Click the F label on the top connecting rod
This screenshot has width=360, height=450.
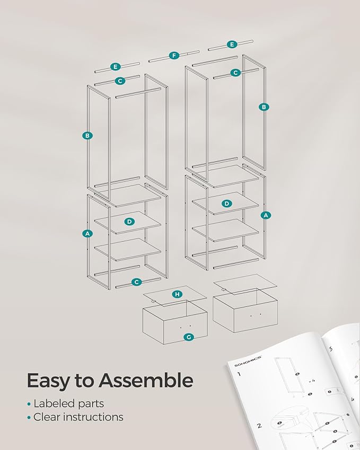(174, 56)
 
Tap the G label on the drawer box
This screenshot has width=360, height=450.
(189, 337)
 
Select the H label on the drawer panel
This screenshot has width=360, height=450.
(178, 294)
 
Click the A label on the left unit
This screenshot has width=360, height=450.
(87, 234)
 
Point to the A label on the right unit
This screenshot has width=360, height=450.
(266, 215)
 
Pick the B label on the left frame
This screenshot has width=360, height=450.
(87, 136)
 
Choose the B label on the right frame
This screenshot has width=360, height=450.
(264, 107)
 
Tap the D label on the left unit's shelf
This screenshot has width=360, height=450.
(130, 222)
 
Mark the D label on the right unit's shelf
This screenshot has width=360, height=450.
(227, 204)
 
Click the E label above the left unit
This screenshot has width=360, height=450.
(116, 67)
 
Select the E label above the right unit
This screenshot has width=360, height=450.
(232, 45)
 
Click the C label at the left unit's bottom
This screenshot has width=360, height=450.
(136, 282)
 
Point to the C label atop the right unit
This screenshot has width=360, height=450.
(235, 73)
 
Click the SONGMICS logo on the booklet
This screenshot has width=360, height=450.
(248, 361)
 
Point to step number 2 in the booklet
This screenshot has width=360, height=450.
(259, 425)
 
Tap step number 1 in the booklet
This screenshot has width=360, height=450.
(239, 374)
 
